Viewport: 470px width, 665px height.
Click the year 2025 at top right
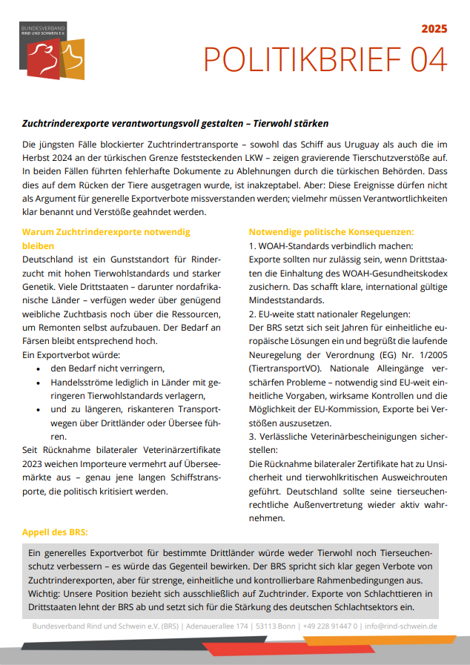point(434,29)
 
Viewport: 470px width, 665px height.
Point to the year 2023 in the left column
point(36,463)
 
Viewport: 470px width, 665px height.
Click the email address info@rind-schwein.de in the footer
point(400,626)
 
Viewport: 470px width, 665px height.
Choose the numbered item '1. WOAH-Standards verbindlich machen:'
point(330,245)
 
